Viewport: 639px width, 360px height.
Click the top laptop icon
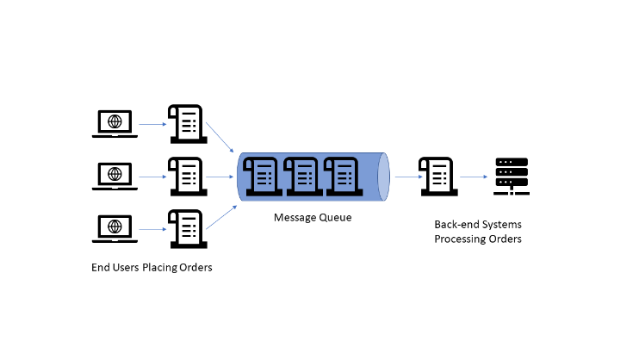pos(114,124)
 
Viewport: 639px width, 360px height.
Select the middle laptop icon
pos(114,176)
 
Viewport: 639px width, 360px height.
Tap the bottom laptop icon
pos(114,229)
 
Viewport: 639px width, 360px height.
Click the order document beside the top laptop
pos(185,124)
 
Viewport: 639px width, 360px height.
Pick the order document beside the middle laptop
pos(185,176)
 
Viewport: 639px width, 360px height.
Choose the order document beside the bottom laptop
pos(185,228)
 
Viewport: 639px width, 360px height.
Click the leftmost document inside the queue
pos(260,176)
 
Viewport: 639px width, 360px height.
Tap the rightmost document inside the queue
pos(340,176)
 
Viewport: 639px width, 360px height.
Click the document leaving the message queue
pos(436,176)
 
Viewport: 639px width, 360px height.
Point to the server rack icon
pos(511,176)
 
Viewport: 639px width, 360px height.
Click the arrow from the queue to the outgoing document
pos(406,177)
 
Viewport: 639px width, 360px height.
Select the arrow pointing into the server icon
pos(473,177)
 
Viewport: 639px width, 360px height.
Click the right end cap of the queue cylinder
pos(384,177)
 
